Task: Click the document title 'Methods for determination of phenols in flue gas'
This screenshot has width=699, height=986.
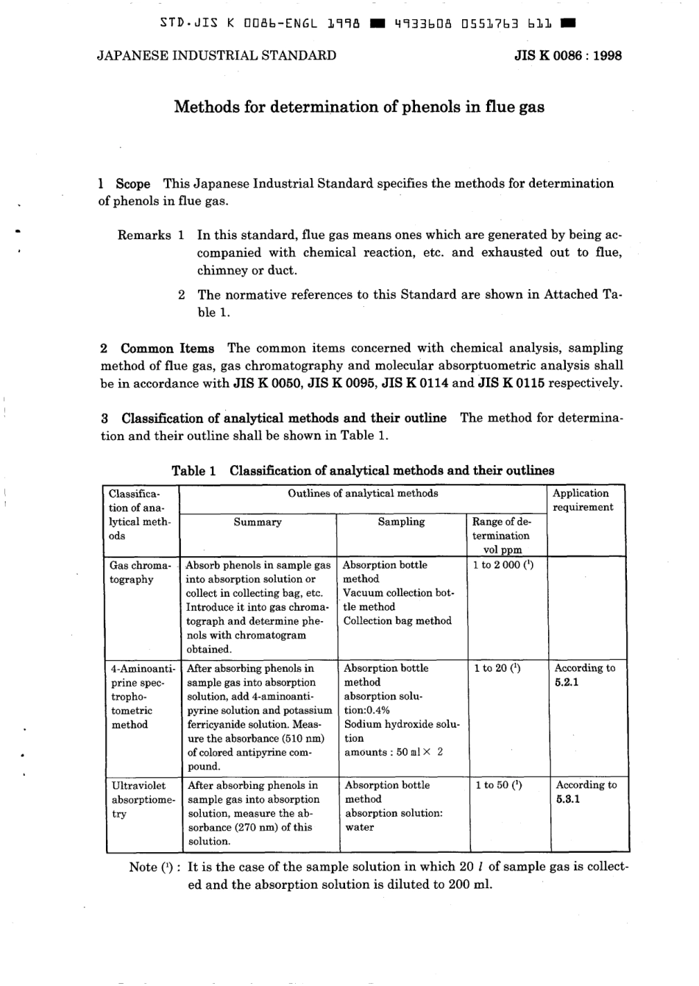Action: [x=359, y=107]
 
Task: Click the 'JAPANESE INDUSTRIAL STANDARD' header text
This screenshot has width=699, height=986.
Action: [x=216, y=55]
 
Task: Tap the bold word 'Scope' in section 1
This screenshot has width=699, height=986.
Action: [x=132, y=184]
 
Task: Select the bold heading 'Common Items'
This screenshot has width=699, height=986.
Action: [x=168, y=349]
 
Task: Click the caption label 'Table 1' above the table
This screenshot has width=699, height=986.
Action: [x=194, y=471]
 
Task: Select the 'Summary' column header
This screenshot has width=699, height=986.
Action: [x=258, y=522]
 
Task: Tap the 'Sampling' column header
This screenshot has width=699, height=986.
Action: [x=401, y=522]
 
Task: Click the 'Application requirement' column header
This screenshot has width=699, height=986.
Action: [x=582, y=500]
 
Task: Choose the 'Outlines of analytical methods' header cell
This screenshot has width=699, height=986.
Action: [x=363, y=494]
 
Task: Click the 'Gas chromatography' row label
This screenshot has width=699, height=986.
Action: [x=140, y=572]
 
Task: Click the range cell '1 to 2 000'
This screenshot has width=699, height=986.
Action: [x=497, y=565]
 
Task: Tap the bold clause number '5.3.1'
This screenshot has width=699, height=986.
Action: [x=567, y=800]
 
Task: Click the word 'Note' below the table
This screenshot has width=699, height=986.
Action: [x=143, y=868]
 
